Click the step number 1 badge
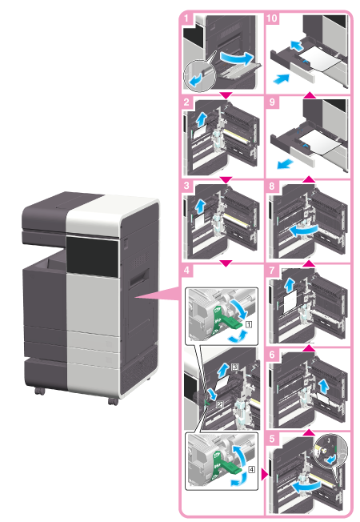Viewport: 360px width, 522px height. click(186, 18)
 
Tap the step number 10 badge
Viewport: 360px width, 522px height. click(272, 18)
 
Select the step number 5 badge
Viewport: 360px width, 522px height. click(272, 439)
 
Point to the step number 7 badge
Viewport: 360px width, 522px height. click(272, 270)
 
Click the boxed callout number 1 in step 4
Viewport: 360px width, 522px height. click(249, 323)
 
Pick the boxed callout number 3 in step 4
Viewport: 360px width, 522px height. click(235, 367)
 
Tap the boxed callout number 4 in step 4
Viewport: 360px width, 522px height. click(251, 470)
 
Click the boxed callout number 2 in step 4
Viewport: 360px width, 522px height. click(219, 404)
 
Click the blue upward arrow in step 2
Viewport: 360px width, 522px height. click(200, 119)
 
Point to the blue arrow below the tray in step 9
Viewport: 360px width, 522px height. click(285, 164)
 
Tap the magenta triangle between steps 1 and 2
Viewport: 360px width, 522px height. click(226, 95)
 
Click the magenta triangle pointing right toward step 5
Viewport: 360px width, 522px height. click(265, 475)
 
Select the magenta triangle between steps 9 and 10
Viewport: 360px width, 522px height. click(310, 95)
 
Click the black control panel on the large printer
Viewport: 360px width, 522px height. click(92, 256)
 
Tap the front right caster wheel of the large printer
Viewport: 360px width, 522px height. click(113, 401)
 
